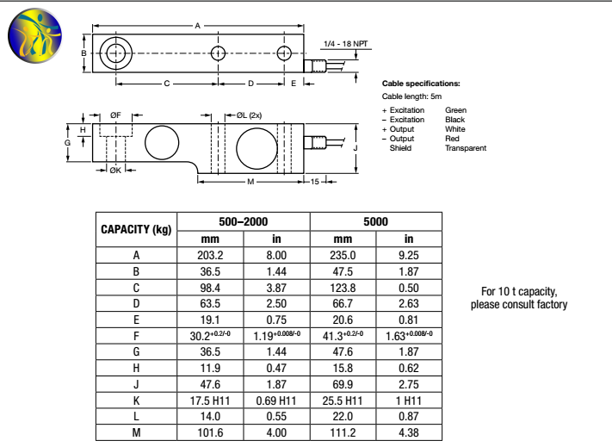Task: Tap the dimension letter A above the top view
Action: click(197, 26)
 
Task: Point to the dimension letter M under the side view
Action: click(250, 182)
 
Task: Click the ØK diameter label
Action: click(115, 171)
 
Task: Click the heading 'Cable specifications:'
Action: click(421, 84)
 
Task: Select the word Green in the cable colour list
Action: click(455, 110)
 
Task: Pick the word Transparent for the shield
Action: click(465, 148)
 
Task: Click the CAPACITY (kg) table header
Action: click(136, 229)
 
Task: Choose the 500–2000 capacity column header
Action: click(243, 221)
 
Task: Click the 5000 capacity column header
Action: click(375, 221)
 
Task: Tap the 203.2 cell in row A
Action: click(211, 255)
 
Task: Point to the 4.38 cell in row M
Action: click(409, 432)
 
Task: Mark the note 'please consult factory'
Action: click(519, 305)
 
